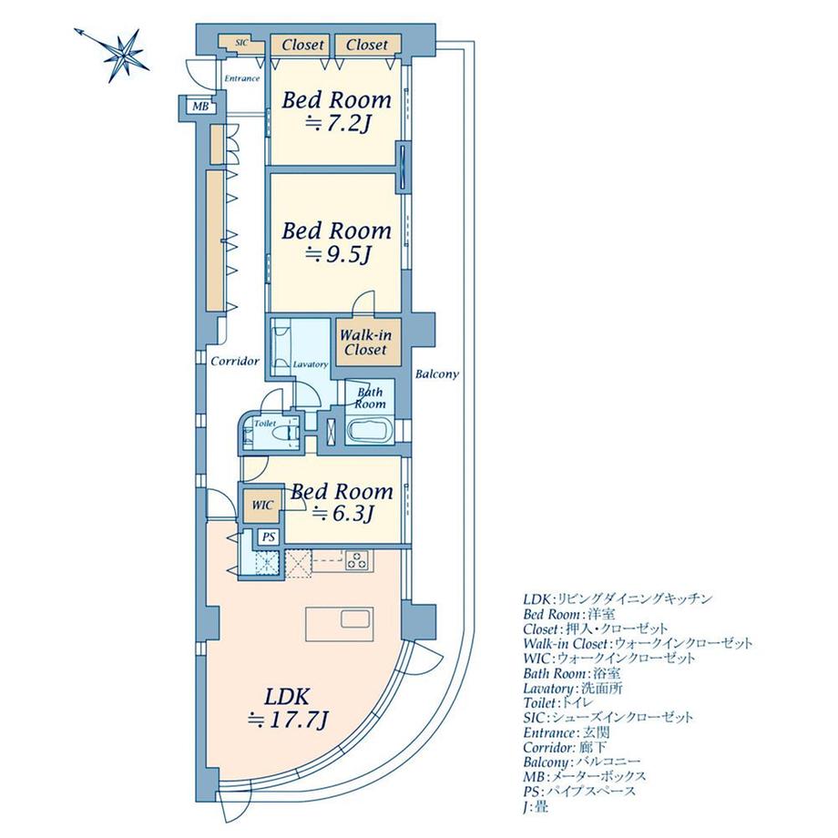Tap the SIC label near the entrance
(x=241, y=42)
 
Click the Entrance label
(x=240, y=78)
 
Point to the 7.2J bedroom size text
(x=336, y=125)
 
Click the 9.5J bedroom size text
(x=336, y=256)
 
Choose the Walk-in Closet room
(x=363, y=342)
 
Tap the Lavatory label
(x=310, y=364)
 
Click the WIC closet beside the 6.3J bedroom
(x=261, y=504)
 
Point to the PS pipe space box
(x=268, y=537)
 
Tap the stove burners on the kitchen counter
(x=358, y=561)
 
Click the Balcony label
(x=436, y=373)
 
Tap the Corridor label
(x=235, y=362)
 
